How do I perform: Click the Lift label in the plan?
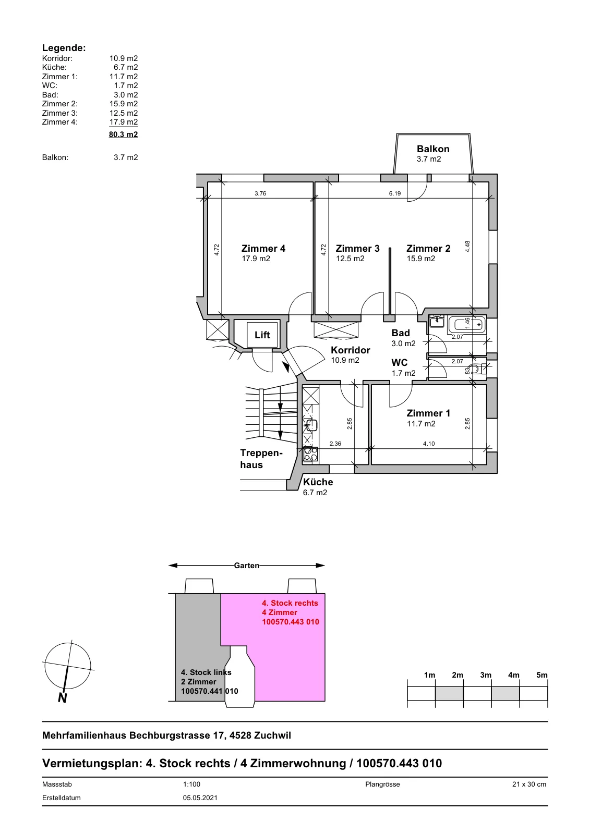coord(262,335)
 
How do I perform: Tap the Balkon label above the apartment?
coord(433,149)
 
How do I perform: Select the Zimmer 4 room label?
coord(263,248)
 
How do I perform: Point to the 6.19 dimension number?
coord(395,193)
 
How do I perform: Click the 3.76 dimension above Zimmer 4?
coord(260,193)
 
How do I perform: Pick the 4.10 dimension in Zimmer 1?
coord(429,444)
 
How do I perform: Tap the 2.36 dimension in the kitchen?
coord(335,444)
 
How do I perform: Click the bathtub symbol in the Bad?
coord(467,325)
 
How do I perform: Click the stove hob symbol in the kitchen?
coord(310,454)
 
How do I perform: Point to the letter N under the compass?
coord(63,697)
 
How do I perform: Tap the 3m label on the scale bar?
coord(485,675)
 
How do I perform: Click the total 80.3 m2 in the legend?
coord(123,134)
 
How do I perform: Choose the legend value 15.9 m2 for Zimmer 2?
coord(123,104)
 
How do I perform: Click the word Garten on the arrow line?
coord(246,566)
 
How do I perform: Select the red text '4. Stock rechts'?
coord(290,603)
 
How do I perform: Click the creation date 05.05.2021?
coord(200,798)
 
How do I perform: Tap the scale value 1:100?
coord(191,784)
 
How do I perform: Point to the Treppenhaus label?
coord(261,459)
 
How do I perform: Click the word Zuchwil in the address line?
coord(272,735)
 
